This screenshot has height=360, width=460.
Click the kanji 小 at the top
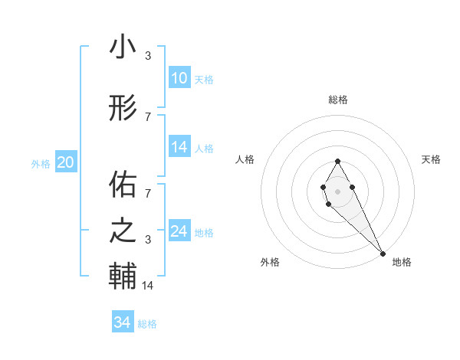pos(123,47)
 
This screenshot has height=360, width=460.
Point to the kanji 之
pos(123,231)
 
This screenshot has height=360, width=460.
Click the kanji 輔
pos(123,277)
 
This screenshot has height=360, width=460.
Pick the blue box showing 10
pos(179,78)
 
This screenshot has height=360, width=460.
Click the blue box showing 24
pos(179,231)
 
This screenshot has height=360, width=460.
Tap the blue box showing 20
pos(66,162)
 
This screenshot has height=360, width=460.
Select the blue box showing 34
pos(123,322)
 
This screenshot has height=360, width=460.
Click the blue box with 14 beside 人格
pos(179,147)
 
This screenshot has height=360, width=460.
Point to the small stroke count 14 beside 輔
pos(149,286)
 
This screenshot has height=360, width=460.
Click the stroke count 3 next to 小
pos(148,56)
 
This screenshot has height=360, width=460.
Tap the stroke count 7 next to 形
pos(148,116)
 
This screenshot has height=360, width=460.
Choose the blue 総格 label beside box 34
pos(147,324)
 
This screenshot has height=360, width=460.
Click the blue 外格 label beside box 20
pos(41,163)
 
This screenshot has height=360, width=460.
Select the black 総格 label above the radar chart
pos(338,100)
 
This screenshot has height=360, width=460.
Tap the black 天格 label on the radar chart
pos(431,159)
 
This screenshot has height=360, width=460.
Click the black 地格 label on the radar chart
pos(402,262)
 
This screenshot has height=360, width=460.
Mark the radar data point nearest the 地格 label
pos(383,253)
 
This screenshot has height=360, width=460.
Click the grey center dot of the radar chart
pos(338,191)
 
